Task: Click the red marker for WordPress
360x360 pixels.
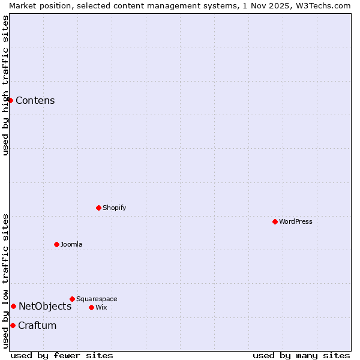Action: (275, 221)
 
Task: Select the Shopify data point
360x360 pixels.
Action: (98, 208)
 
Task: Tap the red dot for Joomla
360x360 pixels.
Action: (56, 244)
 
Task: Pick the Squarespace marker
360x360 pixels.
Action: (72, 299)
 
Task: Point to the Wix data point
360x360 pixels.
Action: (91, 307)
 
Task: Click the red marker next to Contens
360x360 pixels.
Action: (10, 100)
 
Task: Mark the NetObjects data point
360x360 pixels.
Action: (13, 306)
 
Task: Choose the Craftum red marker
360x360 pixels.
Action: (13, 325)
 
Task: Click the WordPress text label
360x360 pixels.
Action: (296, 221)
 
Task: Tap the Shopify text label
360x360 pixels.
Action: (114, 208)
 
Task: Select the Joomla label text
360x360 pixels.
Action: (71, 244)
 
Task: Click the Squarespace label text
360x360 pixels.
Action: (97, 299)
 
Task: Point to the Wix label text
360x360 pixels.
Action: (101, 307)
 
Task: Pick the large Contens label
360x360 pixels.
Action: (35, 100)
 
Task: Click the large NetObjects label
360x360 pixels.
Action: (45, 306)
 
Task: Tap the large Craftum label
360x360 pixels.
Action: (37, 325)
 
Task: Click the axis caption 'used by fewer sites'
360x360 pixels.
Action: (62, 355)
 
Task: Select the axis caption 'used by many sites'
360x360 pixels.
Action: (301, 355)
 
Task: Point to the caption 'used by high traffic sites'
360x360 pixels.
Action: (5, 85)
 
